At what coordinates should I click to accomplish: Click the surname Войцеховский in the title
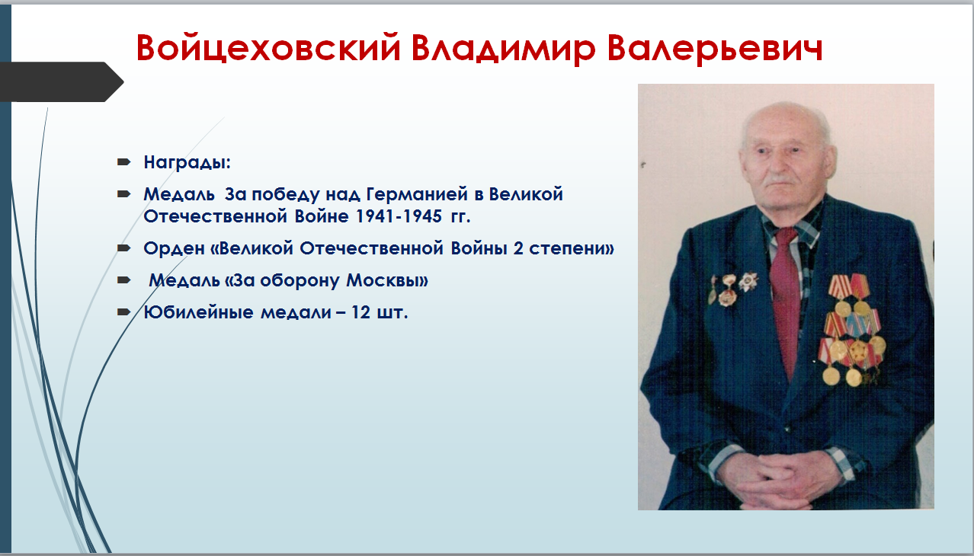pos(268,47)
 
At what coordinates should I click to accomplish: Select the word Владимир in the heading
pos(503,49)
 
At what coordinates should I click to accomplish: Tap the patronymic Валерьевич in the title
pos(715,49)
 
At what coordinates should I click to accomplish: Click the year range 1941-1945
pos(399,216)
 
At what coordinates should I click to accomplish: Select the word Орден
pos(174,248)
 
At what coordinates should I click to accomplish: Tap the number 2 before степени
pos(518,248)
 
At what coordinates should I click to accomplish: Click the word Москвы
pos(387,280)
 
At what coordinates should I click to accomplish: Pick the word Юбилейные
pos(199,312)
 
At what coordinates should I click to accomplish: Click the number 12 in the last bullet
pos(360,312)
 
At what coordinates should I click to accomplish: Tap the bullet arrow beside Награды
pos(124,162)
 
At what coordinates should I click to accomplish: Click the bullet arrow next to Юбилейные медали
pos(124,312)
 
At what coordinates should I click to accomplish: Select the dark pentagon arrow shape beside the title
pos(62,81)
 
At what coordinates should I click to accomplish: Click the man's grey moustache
pos(781,179)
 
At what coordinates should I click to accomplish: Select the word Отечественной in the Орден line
pos(372,248)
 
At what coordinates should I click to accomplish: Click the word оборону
pos(300,280)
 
